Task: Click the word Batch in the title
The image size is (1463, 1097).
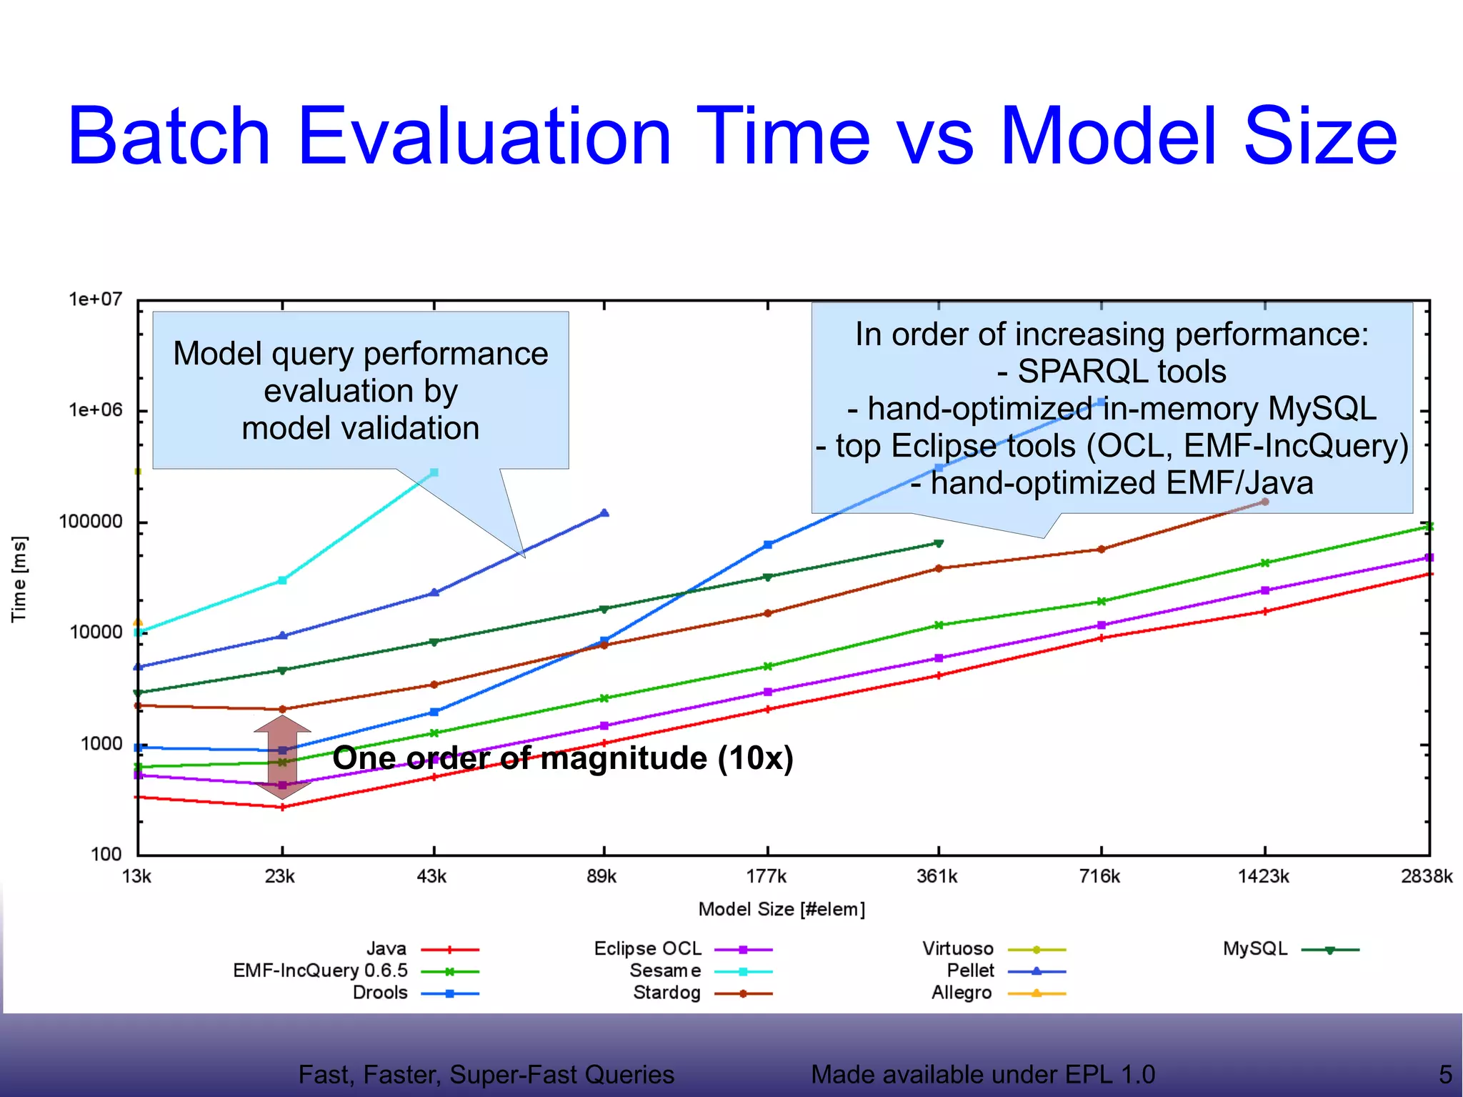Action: (x=169, y=136)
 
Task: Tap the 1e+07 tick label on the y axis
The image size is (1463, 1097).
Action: (x=95, y=299)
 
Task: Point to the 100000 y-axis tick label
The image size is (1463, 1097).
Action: (x=91, y=522)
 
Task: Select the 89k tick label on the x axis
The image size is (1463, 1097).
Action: (x=601, y=876)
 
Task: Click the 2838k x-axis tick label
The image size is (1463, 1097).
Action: (x=1426, y=876)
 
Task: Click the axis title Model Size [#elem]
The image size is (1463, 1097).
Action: (x=782, y=909)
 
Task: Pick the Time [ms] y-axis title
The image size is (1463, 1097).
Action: (x=19, y=579)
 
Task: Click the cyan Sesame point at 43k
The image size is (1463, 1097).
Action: (x=434, y=472)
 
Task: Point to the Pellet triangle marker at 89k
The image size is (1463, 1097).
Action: (x=604, y=513)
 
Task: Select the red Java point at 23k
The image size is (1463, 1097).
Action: (x=282, y=807)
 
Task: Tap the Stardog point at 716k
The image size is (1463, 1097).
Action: (x=1101, y=549)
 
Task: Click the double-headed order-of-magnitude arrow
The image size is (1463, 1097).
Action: (x=282, y=757)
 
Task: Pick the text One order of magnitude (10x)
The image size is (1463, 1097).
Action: (x=563, y=758)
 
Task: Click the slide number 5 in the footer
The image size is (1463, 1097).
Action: (x=1444, y=1074)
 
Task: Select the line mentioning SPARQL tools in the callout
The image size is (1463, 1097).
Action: (x=1112, y=372)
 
